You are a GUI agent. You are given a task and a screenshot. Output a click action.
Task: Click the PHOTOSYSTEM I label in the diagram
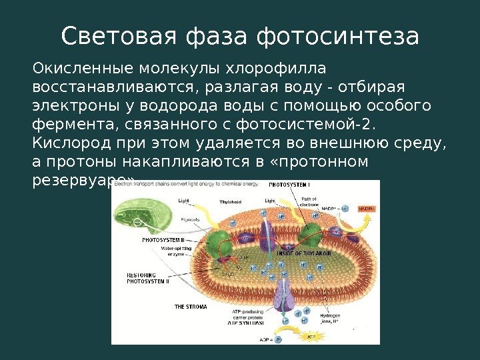(x=289, y=184)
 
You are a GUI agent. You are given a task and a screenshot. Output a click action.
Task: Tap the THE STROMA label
(x=191, y=307)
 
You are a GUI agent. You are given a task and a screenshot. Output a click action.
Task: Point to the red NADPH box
(x=367, y=209)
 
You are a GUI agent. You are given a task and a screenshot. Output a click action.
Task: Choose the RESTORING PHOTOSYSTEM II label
(x=149, y=278)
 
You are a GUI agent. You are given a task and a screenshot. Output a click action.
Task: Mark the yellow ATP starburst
(x=311, y=337)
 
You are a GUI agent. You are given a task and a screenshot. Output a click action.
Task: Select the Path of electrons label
(x=309, y=202)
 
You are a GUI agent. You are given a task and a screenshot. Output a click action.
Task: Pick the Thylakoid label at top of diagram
(x=231, y=201)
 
